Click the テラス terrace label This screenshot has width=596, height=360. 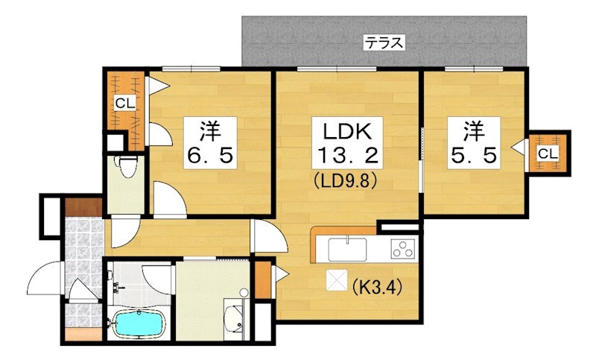click(384, 42)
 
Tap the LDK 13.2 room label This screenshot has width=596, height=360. click(347, 143)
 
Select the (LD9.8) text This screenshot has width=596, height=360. click(345, 181)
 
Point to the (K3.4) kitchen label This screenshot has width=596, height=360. click(376, 287)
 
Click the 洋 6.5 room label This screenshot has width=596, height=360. click(210, 143)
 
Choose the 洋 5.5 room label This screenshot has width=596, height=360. click(474, 143)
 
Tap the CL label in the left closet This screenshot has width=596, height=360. click(125, 103)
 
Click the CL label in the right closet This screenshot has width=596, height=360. click(548, 154)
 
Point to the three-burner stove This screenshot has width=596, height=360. click(402, 249)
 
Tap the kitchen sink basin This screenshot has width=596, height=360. click(347, 250)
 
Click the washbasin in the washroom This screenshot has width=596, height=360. click(234, 318)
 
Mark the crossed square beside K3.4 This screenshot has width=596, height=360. click(337, 280)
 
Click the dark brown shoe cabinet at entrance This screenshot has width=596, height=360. click(83, 207)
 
